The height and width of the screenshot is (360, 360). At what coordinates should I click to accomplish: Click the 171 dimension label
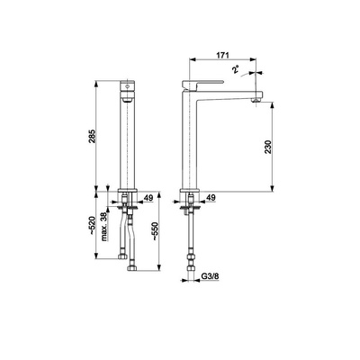pyautogui.click(x=222, y=55)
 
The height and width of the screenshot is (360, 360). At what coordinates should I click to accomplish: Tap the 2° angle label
pyautogui.click(x=236, y=69)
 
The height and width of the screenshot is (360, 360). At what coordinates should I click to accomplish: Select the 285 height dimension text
pyautogui.click(x=92, y=136)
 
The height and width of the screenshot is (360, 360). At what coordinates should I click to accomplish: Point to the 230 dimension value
pyautogui.click(x=268, y=147)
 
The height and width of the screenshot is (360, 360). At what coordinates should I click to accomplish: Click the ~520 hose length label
pyautogui.click(x=92, y=226)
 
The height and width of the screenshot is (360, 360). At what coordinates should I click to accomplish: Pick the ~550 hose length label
pyautogui.click(x=155, y=231)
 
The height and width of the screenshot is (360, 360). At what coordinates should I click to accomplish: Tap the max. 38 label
pyautogui.click(x=103, y=227)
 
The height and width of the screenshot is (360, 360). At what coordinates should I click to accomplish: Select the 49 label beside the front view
pyautogui.click(x=148, y=198)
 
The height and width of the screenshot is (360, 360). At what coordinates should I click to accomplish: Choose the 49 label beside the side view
pyautogui.click(x=211, y=197)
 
